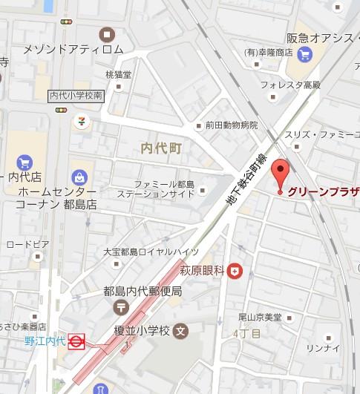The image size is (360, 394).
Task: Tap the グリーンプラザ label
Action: point(324,191)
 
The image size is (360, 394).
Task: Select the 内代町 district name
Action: point(161,148)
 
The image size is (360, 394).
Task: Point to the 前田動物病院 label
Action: point(232,125)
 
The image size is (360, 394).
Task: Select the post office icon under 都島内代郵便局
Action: point(120,306)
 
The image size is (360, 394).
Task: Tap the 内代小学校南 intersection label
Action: point(76,95)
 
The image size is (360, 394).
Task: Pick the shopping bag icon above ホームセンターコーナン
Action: point(79,176)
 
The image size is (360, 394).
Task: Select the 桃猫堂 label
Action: point(118,74)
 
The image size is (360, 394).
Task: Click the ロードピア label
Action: point(27,243)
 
